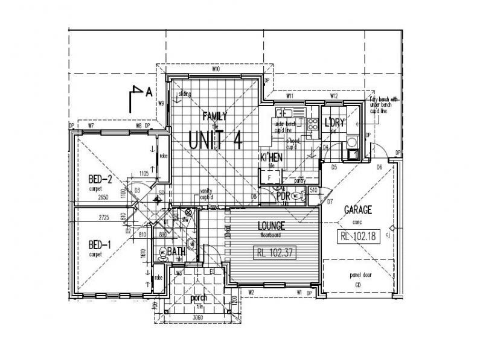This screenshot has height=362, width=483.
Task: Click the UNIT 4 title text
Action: pyautogui.click(x=216, y=139)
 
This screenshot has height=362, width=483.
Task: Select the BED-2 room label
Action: pyautogui.click(x=100, y=180)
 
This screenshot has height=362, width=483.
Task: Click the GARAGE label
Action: pyautogui.click(x=358, y=210)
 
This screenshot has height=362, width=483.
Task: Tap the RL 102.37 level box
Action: pyautogui.click(x=274, y=253)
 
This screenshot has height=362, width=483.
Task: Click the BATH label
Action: pyautogui.click(x=176, y=251)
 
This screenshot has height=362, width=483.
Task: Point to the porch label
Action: pyautogui.click(x=198, y=299)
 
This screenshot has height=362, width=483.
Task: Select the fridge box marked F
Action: pyautogui.click(x=269, y=177)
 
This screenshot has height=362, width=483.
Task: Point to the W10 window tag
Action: pyautogui.click(x=215, y=71)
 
